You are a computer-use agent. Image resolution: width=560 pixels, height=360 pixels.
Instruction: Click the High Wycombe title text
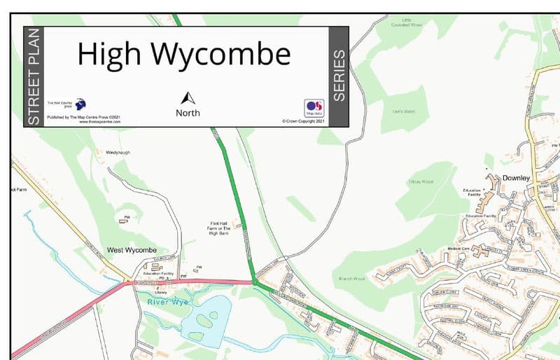183,55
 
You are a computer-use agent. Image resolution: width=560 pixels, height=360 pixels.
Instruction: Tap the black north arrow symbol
188,99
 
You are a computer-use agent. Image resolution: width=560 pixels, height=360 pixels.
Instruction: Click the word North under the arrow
188,113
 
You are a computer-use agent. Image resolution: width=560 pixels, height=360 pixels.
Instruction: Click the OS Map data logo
314,108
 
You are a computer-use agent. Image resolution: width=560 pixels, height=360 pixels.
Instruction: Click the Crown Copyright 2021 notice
304,121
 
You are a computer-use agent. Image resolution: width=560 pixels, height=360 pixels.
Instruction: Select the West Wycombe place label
132,250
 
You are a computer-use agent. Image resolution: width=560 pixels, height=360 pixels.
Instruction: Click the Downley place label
517,179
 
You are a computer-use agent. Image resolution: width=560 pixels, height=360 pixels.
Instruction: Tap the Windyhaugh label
118,152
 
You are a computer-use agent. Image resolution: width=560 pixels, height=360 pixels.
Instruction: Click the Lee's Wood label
404,111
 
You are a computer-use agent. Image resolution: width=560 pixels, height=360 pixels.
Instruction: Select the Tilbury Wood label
420,181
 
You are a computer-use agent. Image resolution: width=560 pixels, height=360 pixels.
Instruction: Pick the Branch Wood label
351,278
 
